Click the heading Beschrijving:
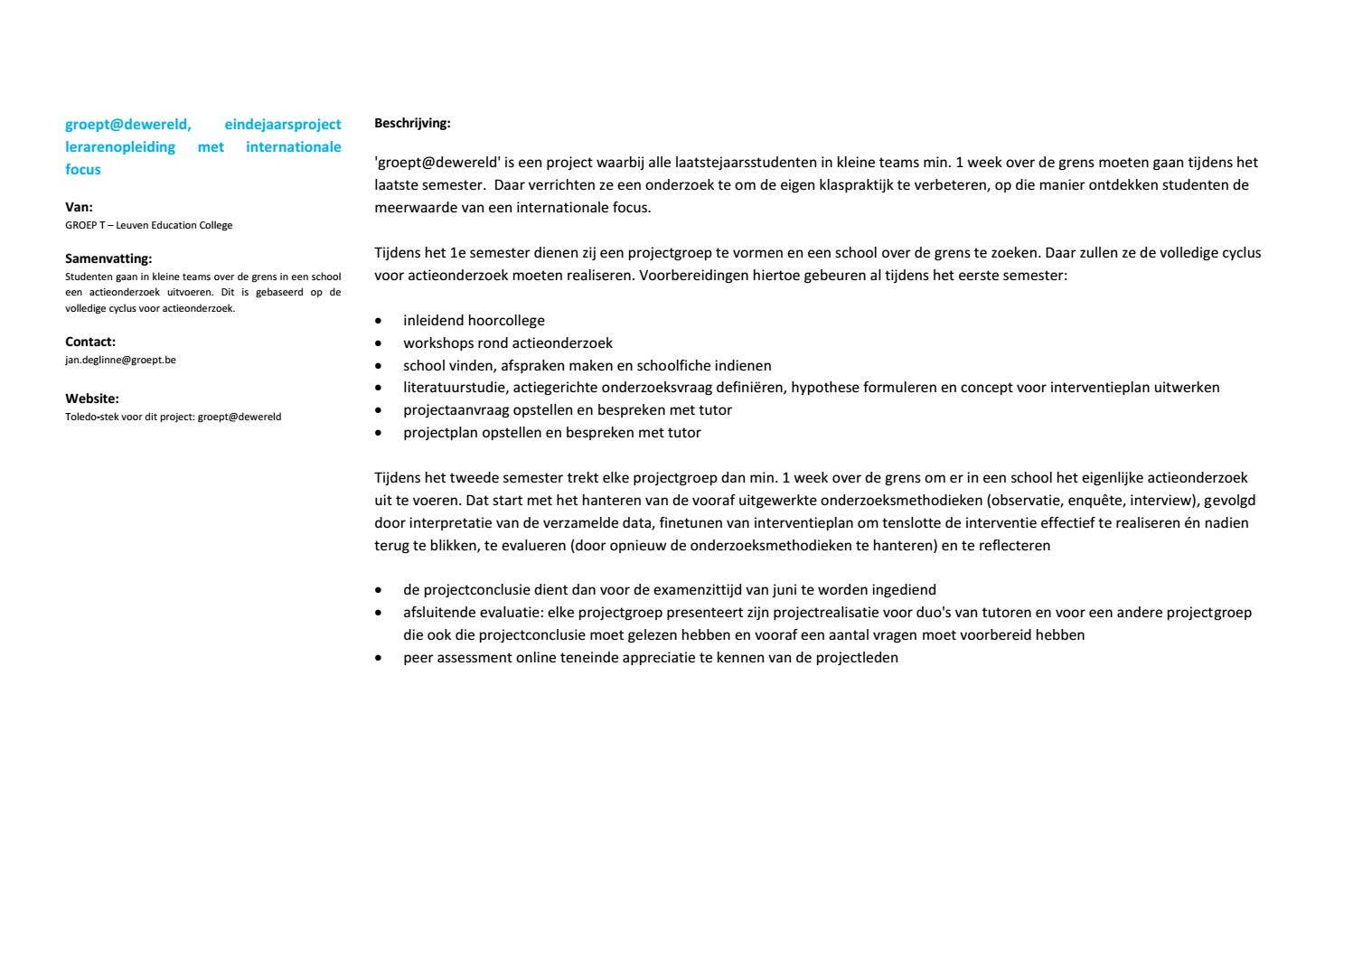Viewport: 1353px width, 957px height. [x=412, y=123]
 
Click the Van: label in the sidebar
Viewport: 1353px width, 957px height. [x=79, y=207]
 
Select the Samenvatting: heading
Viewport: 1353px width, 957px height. [x=108, y=258]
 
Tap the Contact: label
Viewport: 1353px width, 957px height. [x=90, y=342]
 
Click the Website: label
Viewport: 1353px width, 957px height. [x=92, y=399]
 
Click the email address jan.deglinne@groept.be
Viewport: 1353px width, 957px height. [x=120, y=360]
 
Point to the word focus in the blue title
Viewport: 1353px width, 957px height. [x=83, y=170]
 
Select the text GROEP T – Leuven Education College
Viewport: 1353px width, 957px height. [x=148, y=225]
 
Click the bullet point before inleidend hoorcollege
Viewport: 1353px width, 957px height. [x=379, y=321]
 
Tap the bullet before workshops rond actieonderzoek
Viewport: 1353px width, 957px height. [x=379, y=343]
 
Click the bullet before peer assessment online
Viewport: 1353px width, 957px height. [x=379, y=658]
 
